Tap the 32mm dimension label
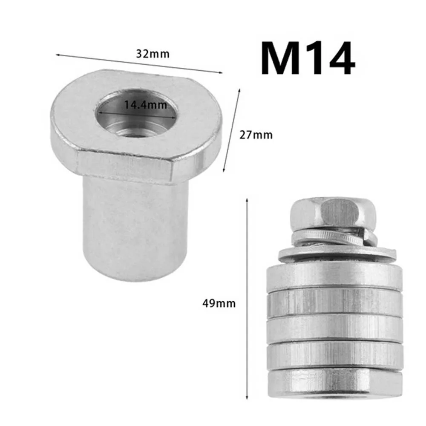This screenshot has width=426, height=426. coord(147,54)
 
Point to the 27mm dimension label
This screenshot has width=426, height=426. coord(256,135)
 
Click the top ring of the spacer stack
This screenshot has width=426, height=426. coord(334,276)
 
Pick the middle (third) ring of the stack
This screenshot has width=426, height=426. coord(334,328)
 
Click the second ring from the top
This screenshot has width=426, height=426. coord(334,302)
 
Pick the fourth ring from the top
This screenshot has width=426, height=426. coord(334,354)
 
